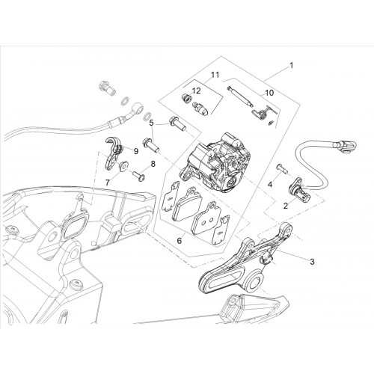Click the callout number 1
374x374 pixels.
291,66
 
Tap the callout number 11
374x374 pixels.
215,75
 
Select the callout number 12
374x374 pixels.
197,91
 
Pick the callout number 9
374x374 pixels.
136,151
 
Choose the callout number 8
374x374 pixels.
153,164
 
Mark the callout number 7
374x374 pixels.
107,183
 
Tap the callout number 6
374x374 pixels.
179,241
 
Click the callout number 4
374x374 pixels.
270,185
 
